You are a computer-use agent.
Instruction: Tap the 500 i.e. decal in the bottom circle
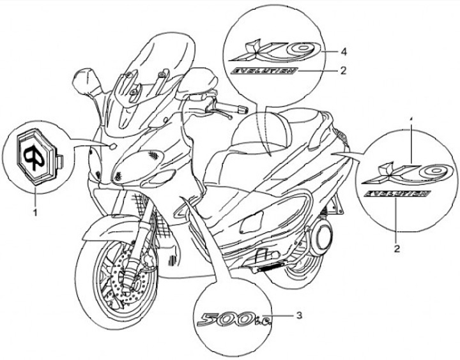pyautogui.click(x=236, y=317)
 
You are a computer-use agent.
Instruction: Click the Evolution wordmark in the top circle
pyautogui.click(x=264, y=70)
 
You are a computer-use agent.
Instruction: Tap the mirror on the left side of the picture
pyautogui.click(x=83, y=81)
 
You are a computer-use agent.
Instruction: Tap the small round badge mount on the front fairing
pyautogui.click(x=112, y=147)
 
